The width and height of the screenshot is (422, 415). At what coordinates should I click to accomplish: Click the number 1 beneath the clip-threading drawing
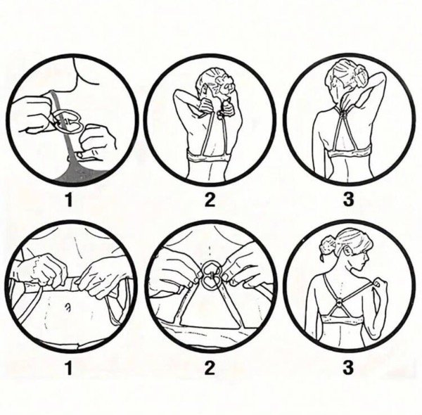[69, 199]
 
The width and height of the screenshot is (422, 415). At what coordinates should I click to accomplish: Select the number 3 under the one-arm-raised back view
[347, 199]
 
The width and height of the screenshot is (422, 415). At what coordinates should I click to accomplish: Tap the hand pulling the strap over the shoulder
[384, 283]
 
